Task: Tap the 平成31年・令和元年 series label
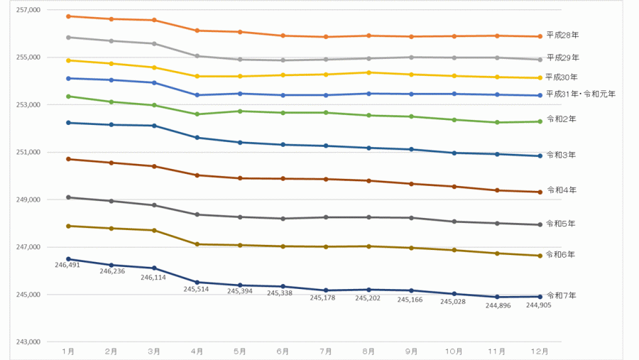click(x=581, y=94)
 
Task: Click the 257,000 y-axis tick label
click(x=29, y=10)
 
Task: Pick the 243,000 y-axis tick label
click(x=29, y=342)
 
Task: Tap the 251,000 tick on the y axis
click(x=29, y=152)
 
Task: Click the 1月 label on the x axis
click(x=69, y=351)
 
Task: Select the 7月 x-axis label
click(x=326, y=351)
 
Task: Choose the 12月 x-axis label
click(x=540, y=351)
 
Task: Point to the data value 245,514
click(x=197, y=289)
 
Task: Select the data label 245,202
click(x=369, y=298)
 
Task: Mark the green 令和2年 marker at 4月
click(x=197, y=114)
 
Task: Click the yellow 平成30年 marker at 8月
click(x=368, y=72)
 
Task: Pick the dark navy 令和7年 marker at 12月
click(x=540, y=297)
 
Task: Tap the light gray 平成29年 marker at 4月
click(x=197, y=56)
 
